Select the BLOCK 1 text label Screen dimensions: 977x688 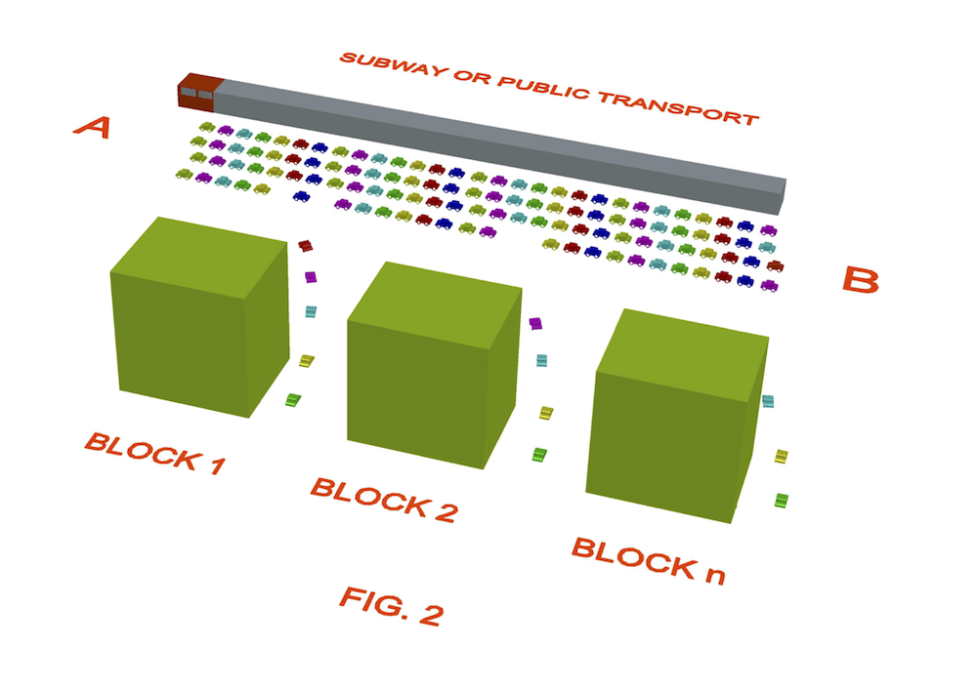154,452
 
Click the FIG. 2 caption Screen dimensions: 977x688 391,605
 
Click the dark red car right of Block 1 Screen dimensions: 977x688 305,244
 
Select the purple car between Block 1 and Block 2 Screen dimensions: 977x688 311,277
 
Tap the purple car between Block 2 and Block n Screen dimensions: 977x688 535,323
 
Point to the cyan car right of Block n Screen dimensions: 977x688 769,401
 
